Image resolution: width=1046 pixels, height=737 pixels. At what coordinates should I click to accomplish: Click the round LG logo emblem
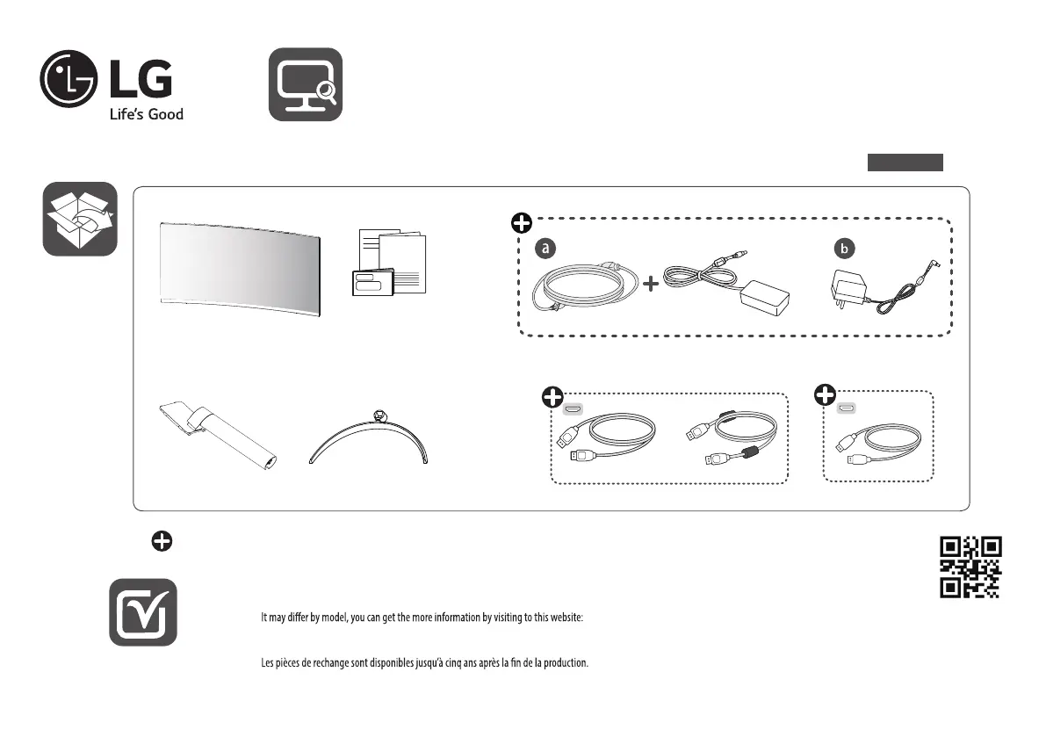click(69, 79)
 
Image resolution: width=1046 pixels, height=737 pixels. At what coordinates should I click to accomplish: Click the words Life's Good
click(146, 115)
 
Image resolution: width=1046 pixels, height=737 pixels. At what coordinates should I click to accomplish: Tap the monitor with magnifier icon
click(306, 84)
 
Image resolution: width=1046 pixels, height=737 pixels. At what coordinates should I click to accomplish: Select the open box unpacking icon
click(80, 219)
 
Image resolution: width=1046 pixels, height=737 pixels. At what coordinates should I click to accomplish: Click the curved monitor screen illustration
click(240, 269)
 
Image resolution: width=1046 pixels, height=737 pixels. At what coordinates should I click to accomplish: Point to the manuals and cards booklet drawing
click(389, 263)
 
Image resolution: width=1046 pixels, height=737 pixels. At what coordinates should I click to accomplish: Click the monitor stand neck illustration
click(218, 435)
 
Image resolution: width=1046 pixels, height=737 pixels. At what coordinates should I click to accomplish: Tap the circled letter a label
click(545, 248)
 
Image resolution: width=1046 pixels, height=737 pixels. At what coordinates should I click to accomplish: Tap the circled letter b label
click(844, 248)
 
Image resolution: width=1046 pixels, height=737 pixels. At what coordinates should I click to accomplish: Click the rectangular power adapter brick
click(765, 298)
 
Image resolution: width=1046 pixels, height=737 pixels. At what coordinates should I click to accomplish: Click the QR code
click(970, 567)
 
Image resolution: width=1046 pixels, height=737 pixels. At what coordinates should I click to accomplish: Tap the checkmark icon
click(143, 612)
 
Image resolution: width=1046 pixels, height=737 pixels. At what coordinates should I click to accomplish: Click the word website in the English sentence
click(566, 618)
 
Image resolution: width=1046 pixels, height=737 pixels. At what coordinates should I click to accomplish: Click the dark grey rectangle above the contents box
click(905, 163)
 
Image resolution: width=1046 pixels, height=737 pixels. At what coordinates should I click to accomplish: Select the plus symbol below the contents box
click(162, 541)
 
